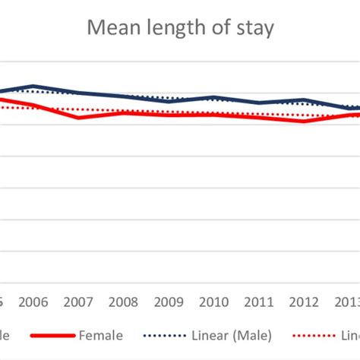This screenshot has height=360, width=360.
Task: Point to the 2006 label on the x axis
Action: click(x=33, y=302)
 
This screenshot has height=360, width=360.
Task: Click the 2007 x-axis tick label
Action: click(x=78, y=302)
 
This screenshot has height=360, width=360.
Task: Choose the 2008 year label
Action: click(x=124, y=302)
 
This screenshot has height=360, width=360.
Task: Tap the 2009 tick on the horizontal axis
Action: click(x=169, y=302)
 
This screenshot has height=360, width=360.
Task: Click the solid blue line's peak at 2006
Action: click(x=33, y=86)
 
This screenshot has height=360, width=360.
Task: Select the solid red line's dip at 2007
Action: click(x=78, y=118)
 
